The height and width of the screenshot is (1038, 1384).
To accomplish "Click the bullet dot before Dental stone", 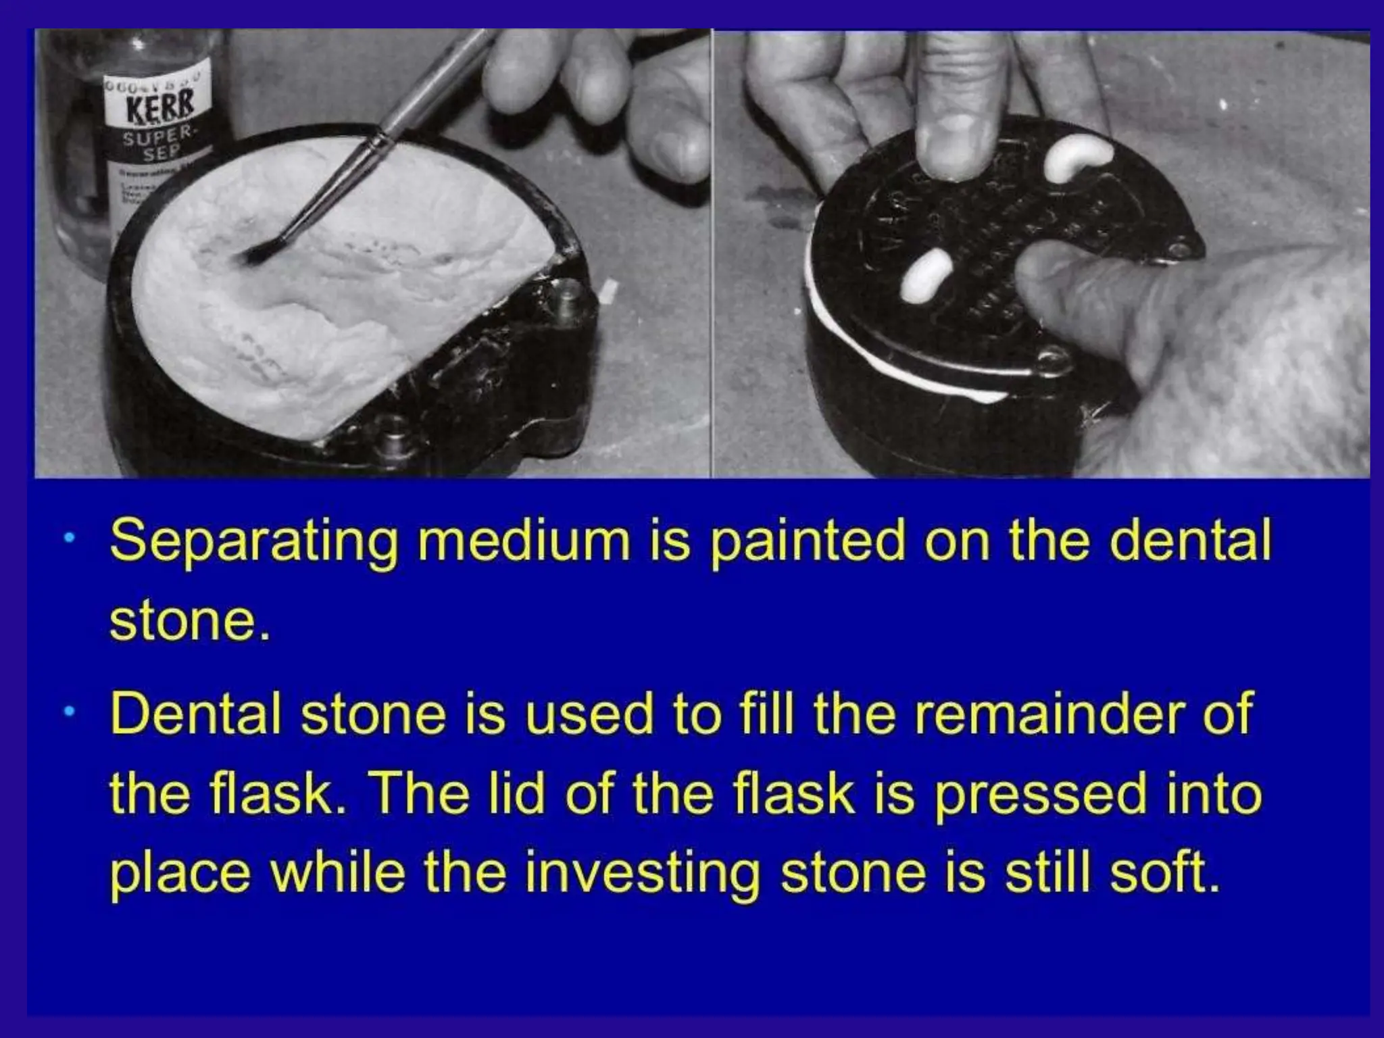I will [70, 712].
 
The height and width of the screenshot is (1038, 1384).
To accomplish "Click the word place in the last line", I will [180, 873].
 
